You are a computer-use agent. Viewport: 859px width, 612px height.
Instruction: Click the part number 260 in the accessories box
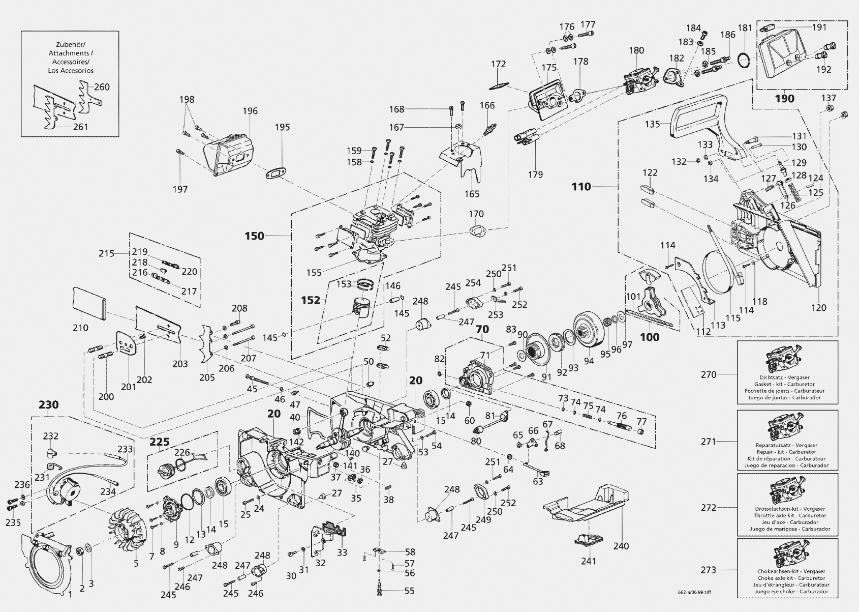pyautogui.click(x=102, y=87)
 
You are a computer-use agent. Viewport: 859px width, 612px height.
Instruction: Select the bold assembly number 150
pyautogui.click(x=255, y=236)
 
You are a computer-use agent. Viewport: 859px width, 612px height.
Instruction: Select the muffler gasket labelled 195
pyautogui.click(x=277, y=172)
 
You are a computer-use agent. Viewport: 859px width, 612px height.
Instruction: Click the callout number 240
pyautogui.click(x=621, y=546)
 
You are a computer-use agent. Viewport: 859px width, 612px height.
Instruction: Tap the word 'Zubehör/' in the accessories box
pyautogui.click(x=71, y=44)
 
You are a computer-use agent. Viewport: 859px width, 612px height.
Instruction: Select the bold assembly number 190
pyautogui.click(x=785, y=99)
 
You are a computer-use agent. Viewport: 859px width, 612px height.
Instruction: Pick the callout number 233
pyautogui.click(x=125, y=449)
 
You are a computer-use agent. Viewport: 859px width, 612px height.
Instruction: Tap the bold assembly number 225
pyautogui.click(x=159, y=442)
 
